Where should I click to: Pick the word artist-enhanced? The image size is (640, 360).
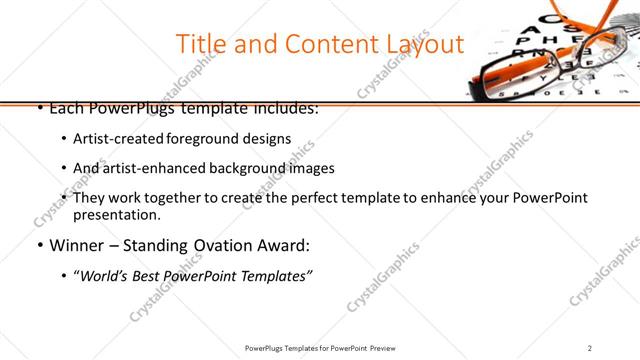click(x=146, y=168)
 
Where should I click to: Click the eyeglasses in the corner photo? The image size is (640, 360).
click(x=545, y=70)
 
